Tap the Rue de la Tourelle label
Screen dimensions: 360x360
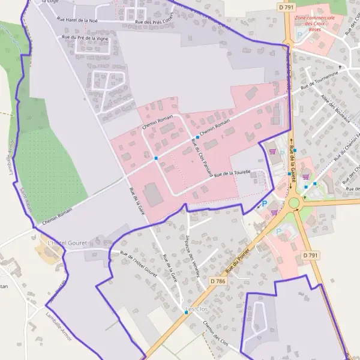point(232,172)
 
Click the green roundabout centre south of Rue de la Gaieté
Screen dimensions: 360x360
point(293,203)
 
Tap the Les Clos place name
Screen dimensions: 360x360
point(199,310)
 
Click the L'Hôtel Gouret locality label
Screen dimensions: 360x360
point(67,242)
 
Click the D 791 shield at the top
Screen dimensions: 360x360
point(285,7)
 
